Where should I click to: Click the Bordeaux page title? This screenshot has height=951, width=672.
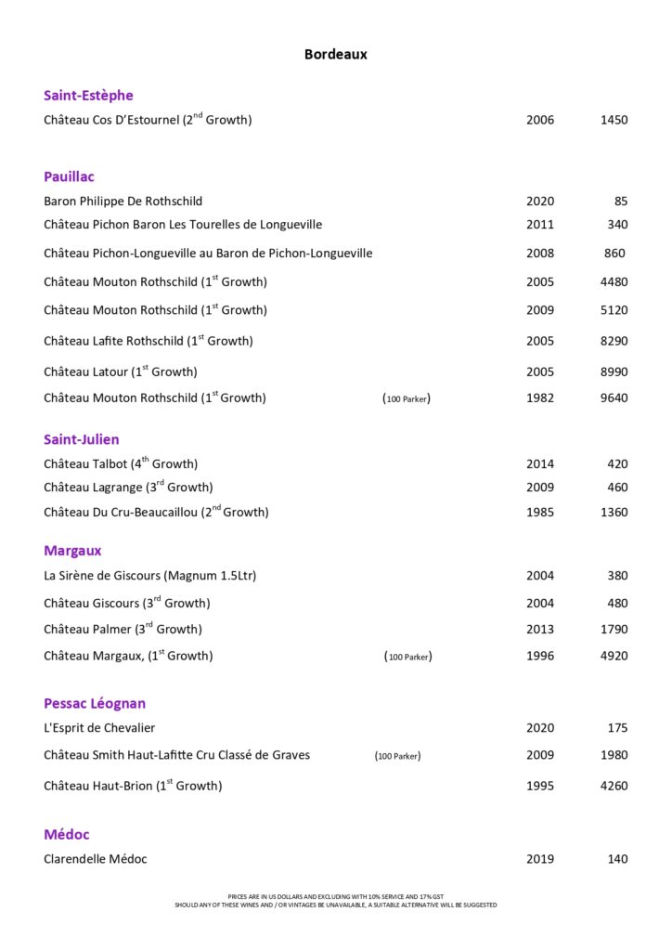(x=336, y=55)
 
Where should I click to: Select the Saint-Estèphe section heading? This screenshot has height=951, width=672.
(x=88, y=96)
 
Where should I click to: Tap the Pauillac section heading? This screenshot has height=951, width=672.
(x=69, y=176)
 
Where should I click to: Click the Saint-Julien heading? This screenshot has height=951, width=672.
(x=82, y=439)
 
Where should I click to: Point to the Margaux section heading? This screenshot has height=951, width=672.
(x=72, y=551)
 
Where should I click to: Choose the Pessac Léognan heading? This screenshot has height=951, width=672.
(x=95, y=703)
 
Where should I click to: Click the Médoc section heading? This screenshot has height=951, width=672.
(x=67, y=834)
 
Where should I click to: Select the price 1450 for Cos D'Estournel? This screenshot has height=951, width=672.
(x=614, y=120)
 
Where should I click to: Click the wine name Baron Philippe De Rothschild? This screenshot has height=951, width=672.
(x=123, y=202)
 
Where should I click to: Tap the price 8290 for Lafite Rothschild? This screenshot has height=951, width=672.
(x=614, y=341)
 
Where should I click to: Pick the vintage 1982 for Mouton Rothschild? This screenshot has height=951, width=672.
(x=540, y=398)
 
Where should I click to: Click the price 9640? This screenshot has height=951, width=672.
(x=614, y=398)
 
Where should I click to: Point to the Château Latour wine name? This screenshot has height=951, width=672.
(x=121, y=371)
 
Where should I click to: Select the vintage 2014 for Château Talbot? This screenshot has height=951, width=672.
(x=540, y=464)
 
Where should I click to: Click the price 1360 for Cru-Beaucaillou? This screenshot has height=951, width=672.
(x=614, y=512)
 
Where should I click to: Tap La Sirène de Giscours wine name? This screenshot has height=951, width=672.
(x=149, y=576)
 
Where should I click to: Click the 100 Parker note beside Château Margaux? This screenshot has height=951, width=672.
(x=407, y=657)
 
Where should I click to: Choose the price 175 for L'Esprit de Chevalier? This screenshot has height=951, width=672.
(x=617, y=728)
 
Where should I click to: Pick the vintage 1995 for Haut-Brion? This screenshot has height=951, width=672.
(x=540, y=786)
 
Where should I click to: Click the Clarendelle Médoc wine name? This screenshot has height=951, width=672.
(x=96, y=859)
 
